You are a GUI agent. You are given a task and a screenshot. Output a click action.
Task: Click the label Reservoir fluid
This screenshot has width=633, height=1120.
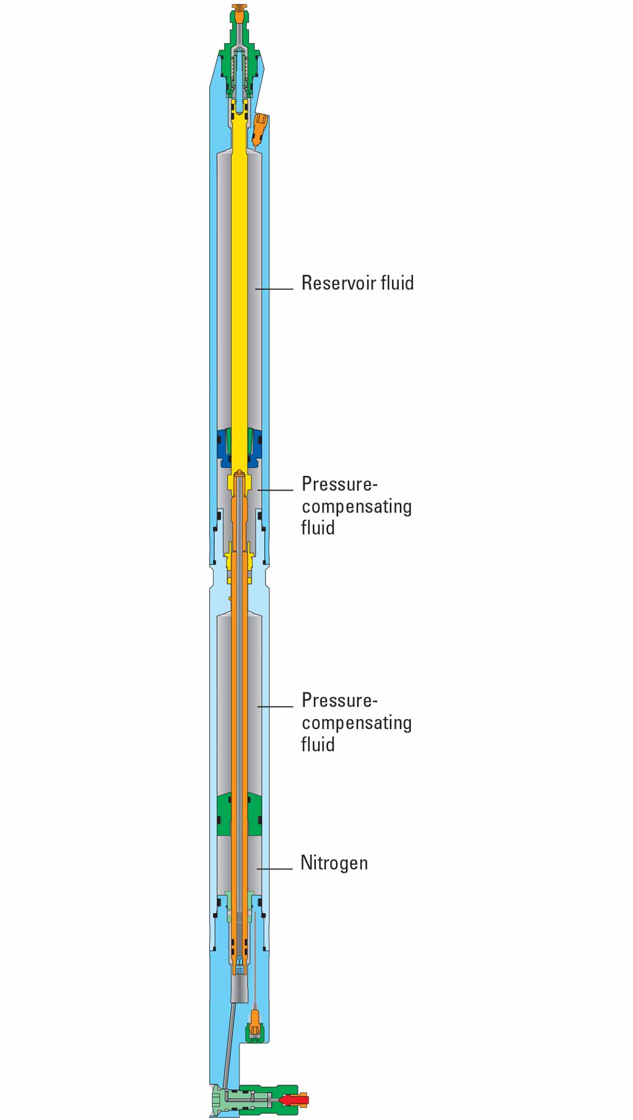pos(357,283)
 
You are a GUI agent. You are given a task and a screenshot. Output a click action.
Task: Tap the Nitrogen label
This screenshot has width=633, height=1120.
pos(334,863)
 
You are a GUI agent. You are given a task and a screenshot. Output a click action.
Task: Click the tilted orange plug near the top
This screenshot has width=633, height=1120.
pos(260,128)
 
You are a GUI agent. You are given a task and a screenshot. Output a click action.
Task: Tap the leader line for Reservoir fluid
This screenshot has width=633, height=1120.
pos(274,289)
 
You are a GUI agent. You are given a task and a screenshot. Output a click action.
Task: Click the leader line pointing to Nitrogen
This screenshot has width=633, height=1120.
pos(274,868)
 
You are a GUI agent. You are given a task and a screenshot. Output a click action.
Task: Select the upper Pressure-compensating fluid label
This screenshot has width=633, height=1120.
pos(355,505)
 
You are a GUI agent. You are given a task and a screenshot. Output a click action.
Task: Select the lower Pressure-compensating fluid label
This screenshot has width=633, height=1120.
pos(355,722)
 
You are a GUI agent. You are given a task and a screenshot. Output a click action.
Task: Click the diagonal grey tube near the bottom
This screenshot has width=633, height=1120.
pos(229,1044)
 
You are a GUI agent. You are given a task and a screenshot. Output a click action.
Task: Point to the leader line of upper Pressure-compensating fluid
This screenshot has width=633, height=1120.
pos(275,490)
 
